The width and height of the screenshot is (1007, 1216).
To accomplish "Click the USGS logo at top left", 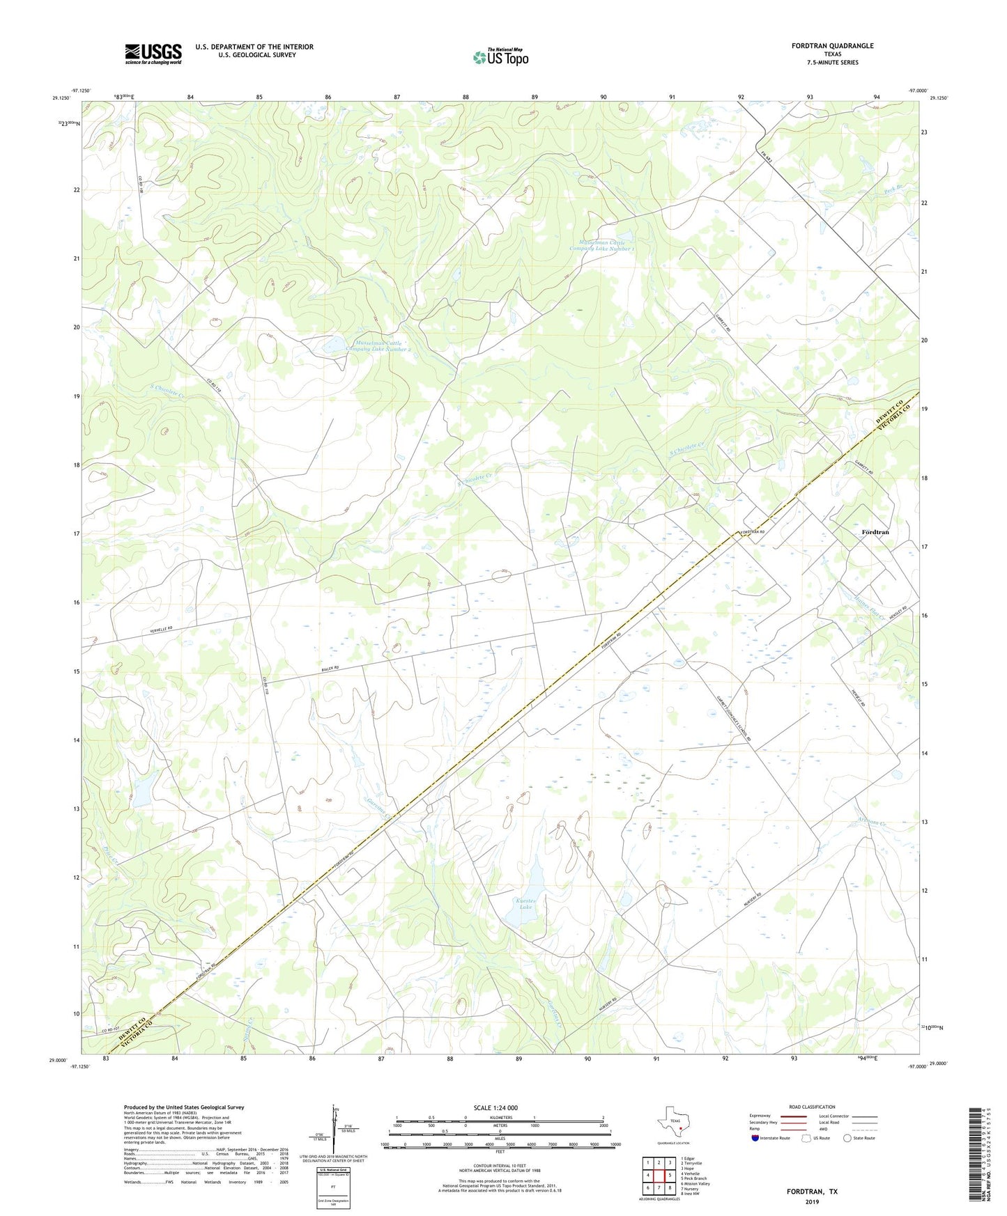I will [153, 54].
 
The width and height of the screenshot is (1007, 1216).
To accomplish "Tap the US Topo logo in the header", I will [500, 57].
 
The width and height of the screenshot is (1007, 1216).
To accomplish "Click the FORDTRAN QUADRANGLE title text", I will [832, 46].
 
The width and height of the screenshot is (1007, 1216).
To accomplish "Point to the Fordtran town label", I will [875, 532].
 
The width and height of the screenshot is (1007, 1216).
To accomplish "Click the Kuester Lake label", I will [525, 904].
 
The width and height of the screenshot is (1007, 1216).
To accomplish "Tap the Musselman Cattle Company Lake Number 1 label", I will [601, 245].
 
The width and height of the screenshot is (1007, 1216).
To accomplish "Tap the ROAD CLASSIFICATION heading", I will [812, 1107].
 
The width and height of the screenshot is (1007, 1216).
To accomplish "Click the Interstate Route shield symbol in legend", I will [755, 1138].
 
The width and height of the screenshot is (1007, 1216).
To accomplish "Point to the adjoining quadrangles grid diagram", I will [659, 1176].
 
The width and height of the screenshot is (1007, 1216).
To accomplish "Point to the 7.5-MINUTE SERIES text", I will [832, 63].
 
